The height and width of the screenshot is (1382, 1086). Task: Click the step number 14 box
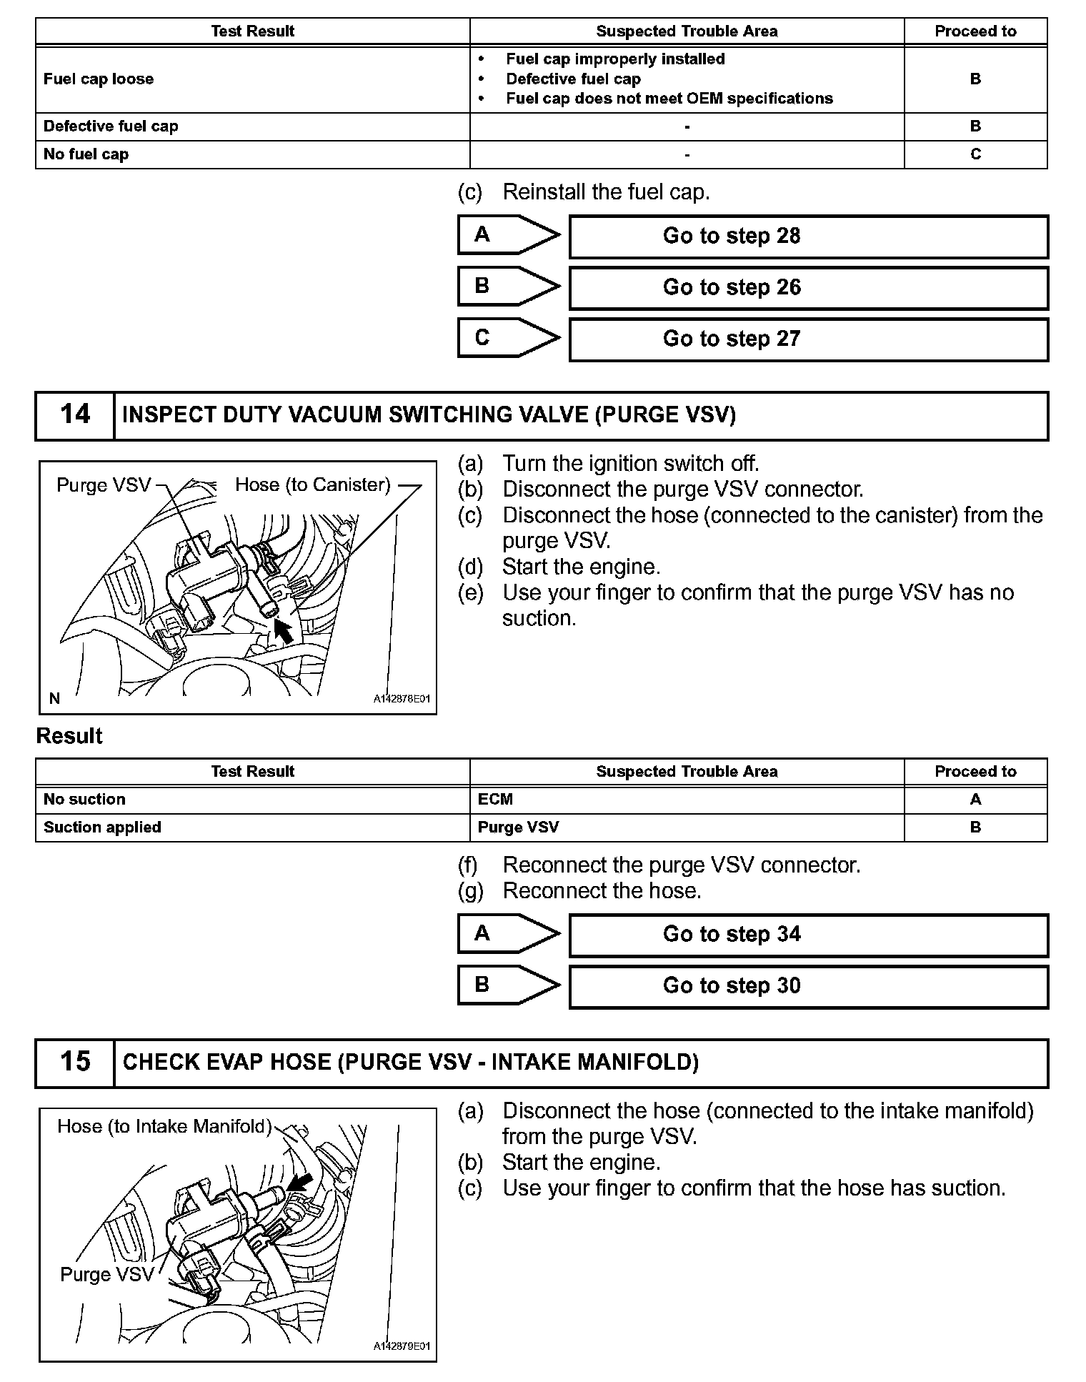75,415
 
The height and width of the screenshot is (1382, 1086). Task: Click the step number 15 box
75,1063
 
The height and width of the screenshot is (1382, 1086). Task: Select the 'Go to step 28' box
808,237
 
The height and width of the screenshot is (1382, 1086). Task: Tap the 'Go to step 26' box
808,288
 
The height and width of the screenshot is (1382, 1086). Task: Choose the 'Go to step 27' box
808,339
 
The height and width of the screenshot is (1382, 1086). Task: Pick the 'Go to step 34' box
808,935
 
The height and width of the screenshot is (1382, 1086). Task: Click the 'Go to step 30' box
808,986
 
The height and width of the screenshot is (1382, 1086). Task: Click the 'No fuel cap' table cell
252,154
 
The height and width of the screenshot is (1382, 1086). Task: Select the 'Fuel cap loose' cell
252,79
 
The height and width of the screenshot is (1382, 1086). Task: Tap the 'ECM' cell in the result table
686,800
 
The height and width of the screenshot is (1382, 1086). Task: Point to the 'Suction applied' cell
252,827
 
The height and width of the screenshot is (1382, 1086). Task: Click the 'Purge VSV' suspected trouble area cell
686,827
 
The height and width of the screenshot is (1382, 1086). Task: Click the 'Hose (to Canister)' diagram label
313,485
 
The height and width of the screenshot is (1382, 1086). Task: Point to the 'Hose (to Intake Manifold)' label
164,1127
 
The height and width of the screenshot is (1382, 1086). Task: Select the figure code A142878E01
402,699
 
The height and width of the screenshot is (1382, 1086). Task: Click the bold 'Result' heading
69,737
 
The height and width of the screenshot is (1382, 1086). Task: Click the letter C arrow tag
508,338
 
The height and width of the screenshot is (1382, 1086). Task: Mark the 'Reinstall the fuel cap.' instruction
606,192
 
